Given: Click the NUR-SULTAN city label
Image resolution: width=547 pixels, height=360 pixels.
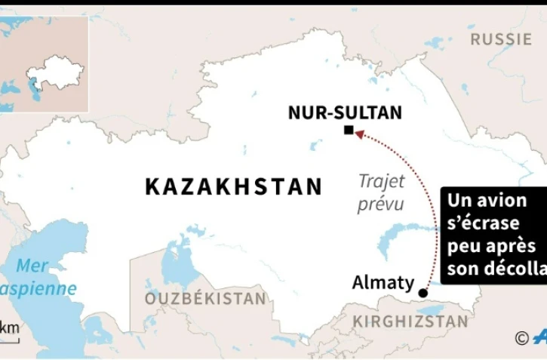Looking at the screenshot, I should pyautogui.click(x=346, y=113).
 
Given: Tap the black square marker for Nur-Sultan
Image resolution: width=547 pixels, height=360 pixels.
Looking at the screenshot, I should pyautogui.click(x=348, y=131).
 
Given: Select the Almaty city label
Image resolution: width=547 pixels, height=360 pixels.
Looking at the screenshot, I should pyautogui.click(x=383, y=283).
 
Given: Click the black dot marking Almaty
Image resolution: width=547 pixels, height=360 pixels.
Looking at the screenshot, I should pyautogui.click(x=423, y=293).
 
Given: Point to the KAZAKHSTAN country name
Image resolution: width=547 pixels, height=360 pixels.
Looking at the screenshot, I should pyautogui.click(x=234, y=186).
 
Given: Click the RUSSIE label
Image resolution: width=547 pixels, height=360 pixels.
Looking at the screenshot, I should pyautogui.click(x=501, y=39).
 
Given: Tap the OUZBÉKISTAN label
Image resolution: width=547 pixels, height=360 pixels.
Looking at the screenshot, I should pyautogui.click(x=206, y=299).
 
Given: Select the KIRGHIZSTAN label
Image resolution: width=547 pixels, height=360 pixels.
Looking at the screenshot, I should pyautogui.click(x=410, y=322).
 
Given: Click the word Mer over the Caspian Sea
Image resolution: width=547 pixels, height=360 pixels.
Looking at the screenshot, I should pyautogui.click(x=32, y=266).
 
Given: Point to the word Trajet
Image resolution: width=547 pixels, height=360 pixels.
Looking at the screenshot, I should pyautogui.click(x=380, y=181).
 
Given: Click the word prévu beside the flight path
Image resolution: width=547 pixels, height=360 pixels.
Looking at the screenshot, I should pyautogui.click(x=380, y=204).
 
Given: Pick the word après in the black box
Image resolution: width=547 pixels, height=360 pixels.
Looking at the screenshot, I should pyautogui.click(x=521, y=246).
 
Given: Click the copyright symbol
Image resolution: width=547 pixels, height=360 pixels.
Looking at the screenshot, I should pyautogui.click(x=521, y=338).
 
